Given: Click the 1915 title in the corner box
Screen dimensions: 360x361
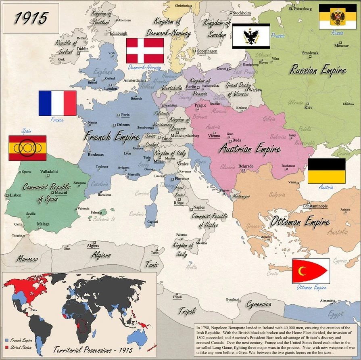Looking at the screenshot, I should click(31, 17).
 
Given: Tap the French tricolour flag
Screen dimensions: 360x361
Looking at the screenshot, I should click(57, 103).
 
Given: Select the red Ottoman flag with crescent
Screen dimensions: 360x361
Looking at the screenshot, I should click(311, 271).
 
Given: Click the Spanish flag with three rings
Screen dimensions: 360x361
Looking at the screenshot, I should click(27, 148).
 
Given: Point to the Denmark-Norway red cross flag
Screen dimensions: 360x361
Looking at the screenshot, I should click(145, 50).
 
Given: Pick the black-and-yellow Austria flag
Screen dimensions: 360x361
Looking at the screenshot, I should click(326, 171).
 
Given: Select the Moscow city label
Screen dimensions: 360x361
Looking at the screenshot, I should click(341, 46).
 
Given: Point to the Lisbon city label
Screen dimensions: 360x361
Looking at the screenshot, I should click(15, 195).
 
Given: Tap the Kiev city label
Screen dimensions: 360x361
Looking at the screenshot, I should click(308, 107).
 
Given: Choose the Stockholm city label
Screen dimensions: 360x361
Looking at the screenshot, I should click(242, 13).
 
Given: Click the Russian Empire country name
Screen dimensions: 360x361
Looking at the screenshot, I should click(318, 70).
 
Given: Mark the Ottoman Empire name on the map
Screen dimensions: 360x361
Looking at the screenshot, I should click(300, 222).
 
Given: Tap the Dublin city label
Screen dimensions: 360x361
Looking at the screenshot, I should click(83, 49).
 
